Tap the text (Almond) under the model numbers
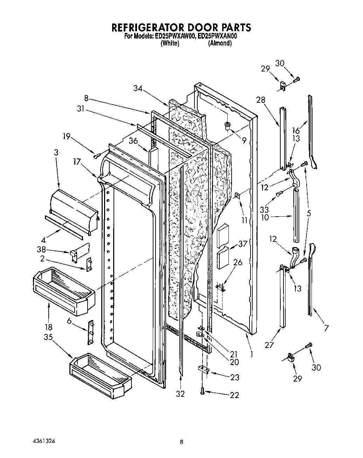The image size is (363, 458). tap(220, 43)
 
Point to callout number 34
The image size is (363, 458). tap(138, 89)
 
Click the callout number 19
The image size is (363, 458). tap(67, 137)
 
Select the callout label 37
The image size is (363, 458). tap(242, 244)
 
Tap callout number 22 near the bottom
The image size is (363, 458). tap(234, 395)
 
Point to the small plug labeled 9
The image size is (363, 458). tap(228, 125)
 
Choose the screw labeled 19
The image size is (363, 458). tap(97, 155)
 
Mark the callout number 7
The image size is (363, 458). tap(327, 328)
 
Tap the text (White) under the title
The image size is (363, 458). tap(170, 43)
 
